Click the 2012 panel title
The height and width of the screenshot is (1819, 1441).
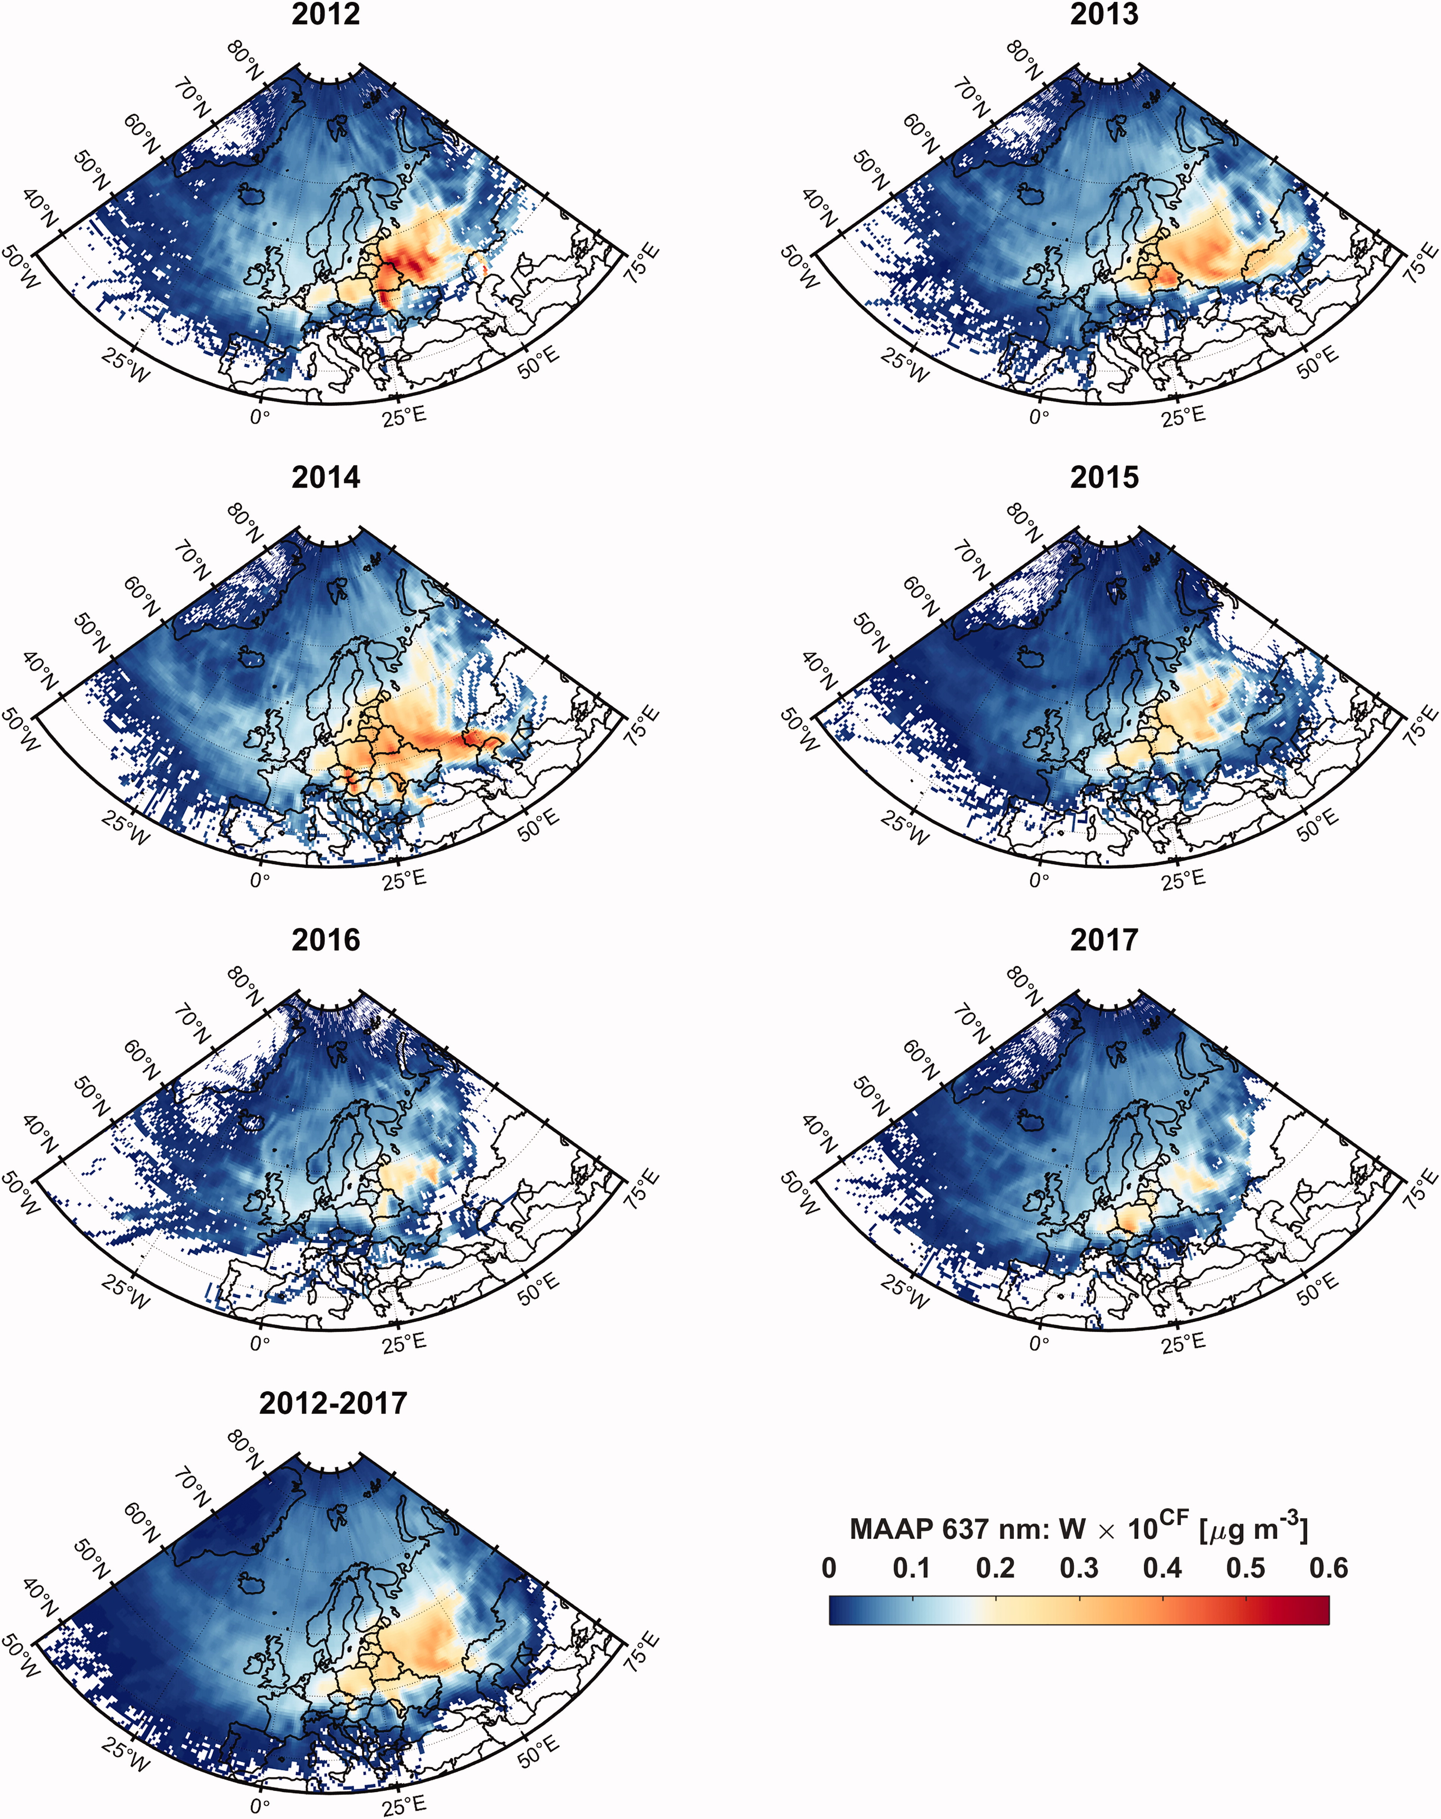tap(326, 14)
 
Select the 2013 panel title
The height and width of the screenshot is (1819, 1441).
tap(1104, 14)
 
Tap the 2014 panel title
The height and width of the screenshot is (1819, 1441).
tap(326, 477)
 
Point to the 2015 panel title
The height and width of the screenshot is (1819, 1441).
tap(1104, 477)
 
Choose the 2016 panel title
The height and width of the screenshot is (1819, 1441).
tap(326, 940)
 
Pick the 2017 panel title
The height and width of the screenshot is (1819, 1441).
tap(1104, 940)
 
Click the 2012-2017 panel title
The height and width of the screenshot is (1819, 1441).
tap(333, 1403)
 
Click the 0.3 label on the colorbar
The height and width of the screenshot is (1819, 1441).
tap(1079, 1568)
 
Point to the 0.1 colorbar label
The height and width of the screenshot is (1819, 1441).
tap(912, 1568)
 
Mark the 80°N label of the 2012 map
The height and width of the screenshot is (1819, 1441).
tap(246, 58)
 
